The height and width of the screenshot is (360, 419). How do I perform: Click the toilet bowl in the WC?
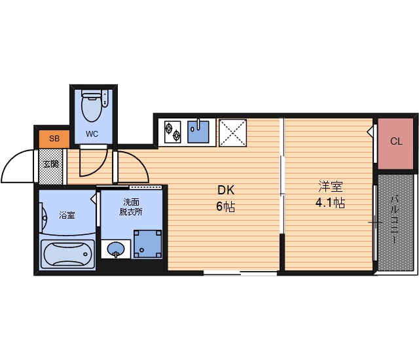coord(92,106)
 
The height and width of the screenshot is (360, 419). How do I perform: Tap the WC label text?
coord(92,134)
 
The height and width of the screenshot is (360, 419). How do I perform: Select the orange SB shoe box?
coord(54,139)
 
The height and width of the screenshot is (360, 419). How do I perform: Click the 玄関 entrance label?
coord(51,164)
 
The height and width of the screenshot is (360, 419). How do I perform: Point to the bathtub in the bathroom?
coord(67,254)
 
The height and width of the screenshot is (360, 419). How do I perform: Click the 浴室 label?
coord(67,215)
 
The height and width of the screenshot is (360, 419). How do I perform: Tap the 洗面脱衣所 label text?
coord(131,207)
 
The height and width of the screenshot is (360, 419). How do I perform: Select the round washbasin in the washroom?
coord(116,249)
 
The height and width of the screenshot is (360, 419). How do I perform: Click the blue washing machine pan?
coord(148,243)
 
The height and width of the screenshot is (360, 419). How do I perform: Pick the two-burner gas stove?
coord(172,132)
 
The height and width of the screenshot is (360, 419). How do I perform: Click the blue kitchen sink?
coord(198,132)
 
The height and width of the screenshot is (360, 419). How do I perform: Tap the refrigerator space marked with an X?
coord(233,133)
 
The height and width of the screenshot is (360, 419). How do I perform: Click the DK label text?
coord(226,190)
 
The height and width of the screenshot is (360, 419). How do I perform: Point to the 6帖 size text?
coord(225,206)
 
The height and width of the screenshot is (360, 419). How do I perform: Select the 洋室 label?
coord(331,187)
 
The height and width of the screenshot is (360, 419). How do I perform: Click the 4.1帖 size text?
coord(330,203)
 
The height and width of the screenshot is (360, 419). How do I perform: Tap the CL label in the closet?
coord(396,141)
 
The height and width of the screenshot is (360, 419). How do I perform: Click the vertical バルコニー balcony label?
coord(395,220)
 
